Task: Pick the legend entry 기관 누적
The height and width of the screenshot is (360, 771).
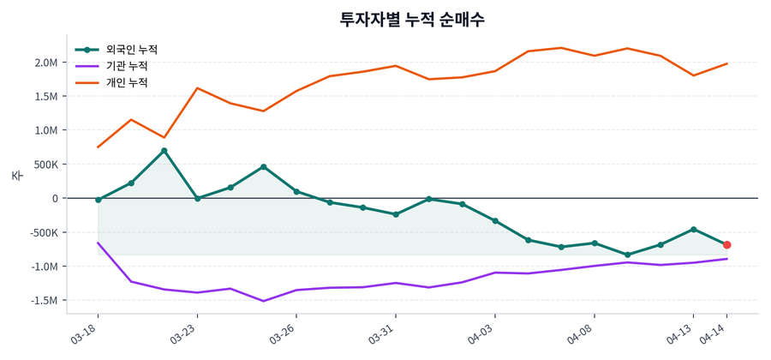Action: tap(126, 66)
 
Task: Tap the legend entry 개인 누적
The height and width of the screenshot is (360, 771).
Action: tap(126, 82)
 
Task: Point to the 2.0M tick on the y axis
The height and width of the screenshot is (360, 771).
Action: tap(46, 63)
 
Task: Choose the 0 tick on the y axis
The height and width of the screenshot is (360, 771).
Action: tap(54, 198)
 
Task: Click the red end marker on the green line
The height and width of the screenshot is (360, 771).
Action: tap(726, 245)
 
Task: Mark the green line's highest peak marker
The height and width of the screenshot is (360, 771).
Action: tap(164, 151)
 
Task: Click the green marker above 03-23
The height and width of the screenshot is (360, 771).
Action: tap(197, 198)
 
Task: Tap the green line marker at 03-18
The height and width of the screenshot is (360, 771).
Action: tap(98, 200)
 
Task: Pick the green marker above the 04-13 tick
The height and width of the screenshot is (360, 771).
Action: tap(694, 229)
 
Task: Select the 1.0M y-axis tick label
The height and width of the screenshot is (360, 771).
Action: tap(46, 130)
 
